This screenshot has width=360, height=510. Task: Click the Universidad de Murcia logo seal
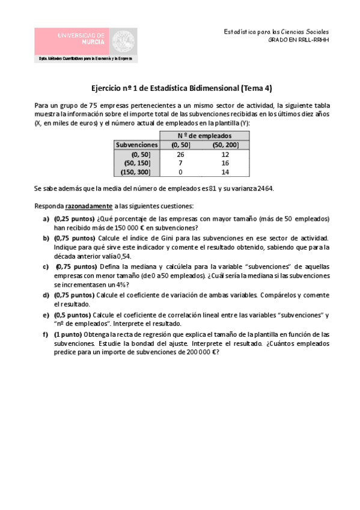point(125,41)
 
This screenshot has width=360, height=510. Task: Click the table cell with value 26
point(180,155)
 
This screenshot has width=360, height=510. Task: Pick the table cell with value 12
point(225,155)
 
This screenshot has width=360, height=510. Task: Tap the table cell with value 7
point(180,164)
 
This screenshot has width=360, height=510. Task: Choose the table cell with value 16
point(225,164)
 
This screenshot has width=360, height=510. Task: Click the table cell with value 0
point(180,173)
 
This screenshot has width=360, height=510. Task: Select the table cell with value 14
point(225,173)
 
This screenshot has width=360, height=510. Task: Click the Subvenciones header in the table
point(137,145)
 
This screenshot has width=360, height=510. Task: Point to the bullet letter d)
point(46,295)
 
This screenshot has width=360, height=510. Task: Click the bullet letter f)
point(46,334)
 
